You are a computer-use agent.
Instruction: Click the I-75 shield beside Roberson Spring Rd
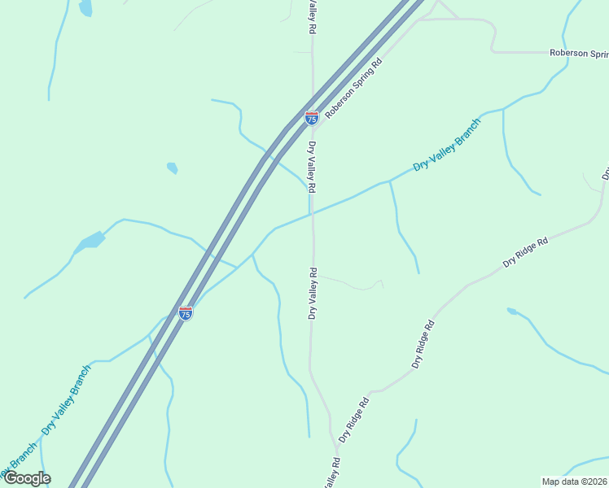pos(312,118)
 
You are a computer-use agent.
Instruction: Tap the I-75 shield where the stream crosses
pos(186,312)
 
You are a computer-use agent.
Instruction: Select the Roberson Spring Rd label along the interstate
pos(353,88)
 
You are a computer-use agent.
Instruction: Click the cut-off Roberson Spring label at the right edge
pos(579,53)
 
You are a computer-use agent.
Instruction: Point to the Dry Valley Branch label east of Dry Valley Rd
pos(446,144)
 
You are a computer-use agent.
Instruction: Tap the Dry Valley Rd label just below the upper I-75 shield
pos(311,167)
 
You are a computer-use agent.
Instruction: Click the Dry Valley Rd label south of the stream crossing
pos(311,293)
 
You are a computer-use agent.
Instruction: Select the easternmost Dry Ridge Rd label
pos(526,252)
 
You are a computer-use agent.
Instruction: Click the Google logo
pos(27,478)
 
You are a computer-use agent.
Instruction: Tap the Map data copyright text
pos(575,481)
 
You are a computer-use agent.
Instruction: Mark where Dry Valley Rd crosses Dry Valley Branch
pos(312,214)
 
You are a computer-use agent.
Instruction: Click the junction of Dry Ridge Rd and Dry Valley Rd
pos(335,446)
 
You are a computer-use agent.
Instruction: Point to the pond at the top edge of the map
pos(85,8)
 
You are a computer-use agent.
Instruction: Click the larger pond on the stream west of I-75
pos(90,242)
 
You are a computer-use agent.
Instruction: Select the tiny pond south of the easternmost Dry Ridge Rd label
pos(511,311)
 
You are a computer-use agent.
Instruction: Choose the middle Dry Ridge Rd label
pos(424,344)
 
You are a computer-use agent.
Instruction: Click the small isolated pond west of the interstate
pos(172,168)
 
